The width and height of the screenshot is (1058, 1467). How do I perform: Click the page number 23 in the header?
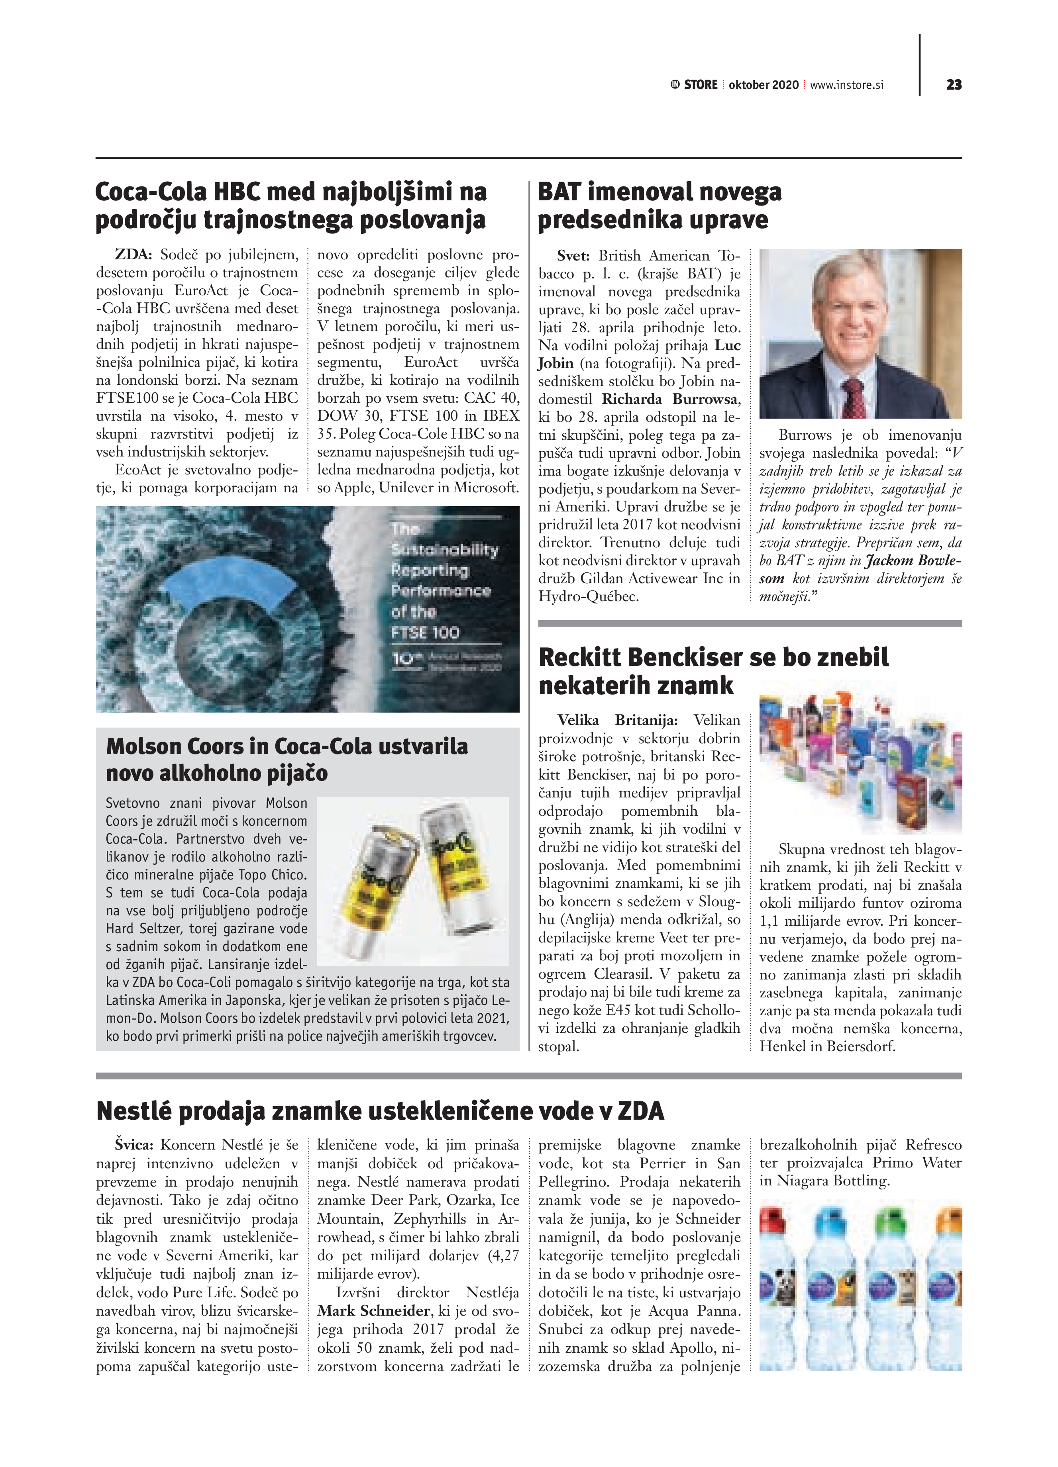pyautogui.click(x=953, y=85)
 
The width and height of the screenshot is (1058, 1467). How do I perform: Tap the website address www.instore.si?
pyautogui.click(x=846, y=85)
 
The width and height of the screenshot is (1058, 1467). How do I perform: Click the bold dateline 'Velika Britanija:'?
pyautogui.click(x=617, y=720)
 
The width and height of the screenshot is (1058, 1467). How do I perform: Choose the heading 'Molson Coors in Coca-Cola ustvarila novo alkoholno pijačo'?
pyautogui.click(x=287, y=759)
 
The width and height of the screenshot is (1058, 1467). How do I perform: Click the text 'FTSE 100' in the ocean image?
pyautogui.click(x=425, y=633)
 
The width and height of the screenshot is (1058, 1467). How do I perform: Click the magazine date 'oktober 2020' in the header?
pyautogui.click(x=764, y=85)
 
